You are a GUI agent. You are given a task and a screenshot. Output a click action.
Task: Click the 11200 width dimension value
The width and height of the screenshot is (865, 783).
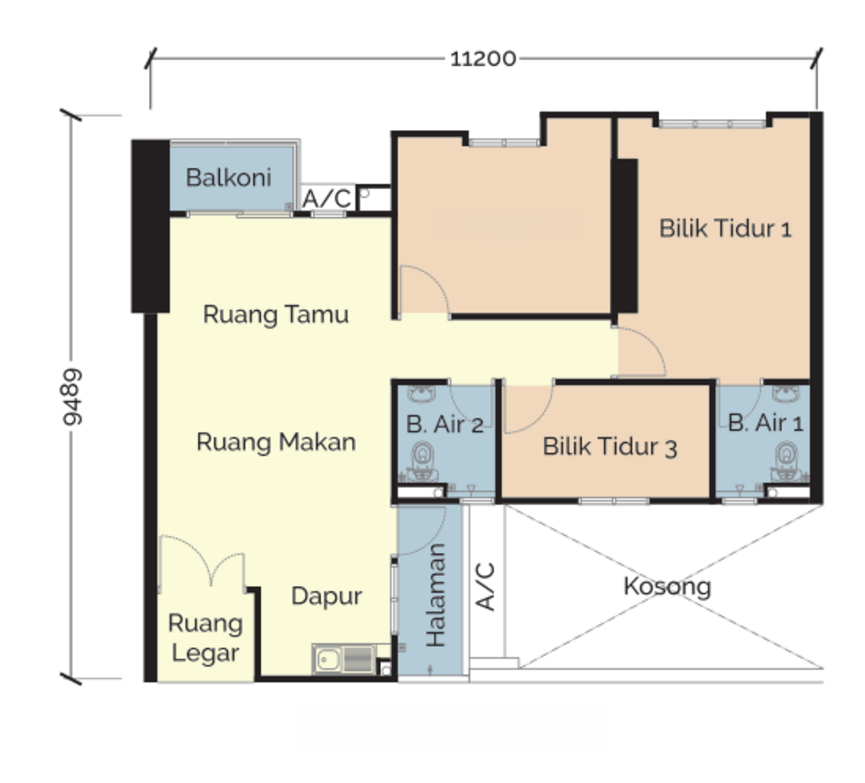click(x=483, y=59)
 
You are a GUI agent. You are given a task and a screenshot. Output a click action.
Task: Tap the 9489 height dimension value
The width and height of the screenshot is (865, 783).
click(x=73, y=397)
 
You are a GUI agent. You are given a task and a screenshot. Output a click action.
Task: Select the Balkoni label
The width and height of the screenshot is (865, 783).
click(x=228, y=178)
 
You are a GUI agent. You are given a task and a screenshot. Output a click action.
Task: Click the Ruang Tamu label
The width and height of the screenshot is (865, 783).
click(x=276, y=315)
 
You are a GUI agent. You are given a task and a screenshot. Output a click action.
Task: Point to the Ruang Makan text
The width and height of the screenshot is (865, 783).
click(x=276, y=442)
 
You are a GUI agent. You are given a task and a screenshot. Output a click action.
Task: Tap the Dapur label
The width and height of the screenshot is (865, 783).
click(x=326, y=596)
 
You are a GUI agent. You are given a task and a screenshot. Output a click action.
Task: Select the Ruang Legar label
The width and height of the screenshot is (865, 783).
click(x=205, y=638)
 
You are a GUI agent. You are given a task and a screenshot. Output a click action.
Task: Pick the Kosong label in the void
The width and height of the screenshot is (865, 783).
click(x=667, y=586)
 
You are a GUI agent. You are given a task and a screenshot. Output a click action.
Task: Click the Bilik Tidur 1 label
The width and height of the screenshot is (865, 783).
click(x=725, y=229)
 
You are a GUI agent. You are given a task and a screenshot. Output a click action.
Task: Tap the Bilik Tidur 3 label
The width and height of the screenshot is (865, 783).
click(x=610, y=447)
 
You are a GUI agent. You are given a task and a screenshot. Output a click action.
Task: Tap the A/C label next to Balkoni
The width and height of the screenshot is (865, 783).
click(x=326, y=199)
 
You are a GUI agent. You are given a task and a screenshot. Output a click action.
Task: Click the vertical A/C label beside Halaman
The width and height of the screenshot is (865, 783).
click(x=486, y=586)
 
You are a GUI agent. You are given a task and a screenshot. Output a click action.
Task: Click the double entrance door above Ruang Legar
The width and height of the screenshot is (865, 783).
click(x=201, y=562)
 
